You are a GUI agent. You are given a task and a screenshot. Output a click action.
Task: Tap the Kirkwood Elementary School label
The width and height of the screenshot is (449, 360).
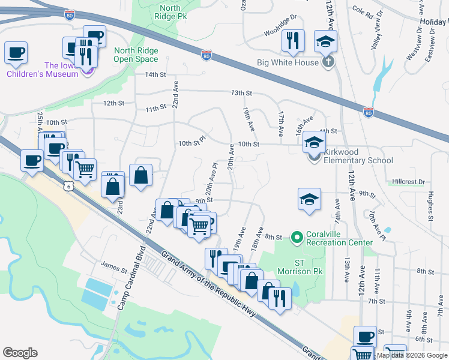(x=358, y=160)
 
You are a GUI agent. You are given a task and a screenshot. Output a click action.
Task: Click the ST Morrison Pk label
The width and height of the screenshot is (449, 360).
(x=309, y=267)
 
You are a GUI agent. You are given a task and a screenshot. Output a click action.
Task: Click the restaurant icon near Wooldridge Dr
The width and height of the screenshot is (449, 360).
(x=293, y=40)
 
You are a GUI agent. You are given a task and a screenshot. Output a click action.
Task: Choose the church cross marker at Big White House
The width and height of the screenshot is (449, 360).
(x=328, y=61)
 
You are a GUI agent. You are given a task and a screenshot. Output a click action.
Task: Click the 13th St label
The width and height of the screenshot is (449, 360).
(x=241, y=93)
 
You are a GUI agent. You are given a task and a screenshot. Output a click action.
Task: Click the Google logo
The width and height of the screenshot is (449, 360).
(x=20, y=353)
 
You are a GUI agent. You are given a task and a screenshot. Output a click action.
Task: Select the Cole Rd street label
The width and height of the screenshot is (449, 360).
(x=363, y=10)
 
